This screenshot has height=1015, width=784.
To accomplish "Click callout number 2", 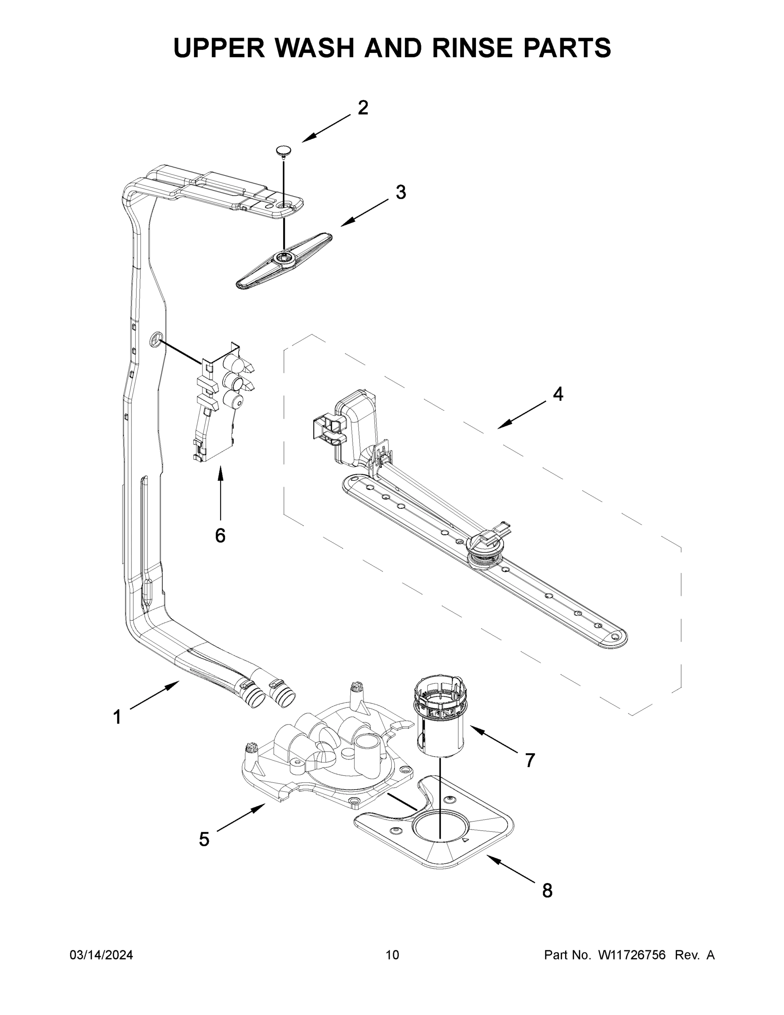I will [x=363, y=108].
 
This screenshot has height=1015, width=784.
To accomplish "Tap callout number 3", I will [x=400, y=192].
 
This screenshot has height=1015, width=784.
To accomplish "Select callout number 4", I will [x=558, y=394].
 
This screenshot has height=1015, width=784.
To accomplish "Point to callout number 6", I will [x=220, y=535].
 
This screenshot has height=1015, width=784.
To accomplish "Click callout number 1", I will [x=117, y=717].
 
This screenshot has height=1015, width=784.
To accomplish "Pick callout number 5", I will [x=204, y=839].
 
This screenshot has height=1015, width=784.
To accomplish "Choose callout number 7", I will [x=530, y=760].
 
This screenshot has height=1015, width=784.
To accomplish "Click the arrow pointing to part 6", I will [x=220, y=493].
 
